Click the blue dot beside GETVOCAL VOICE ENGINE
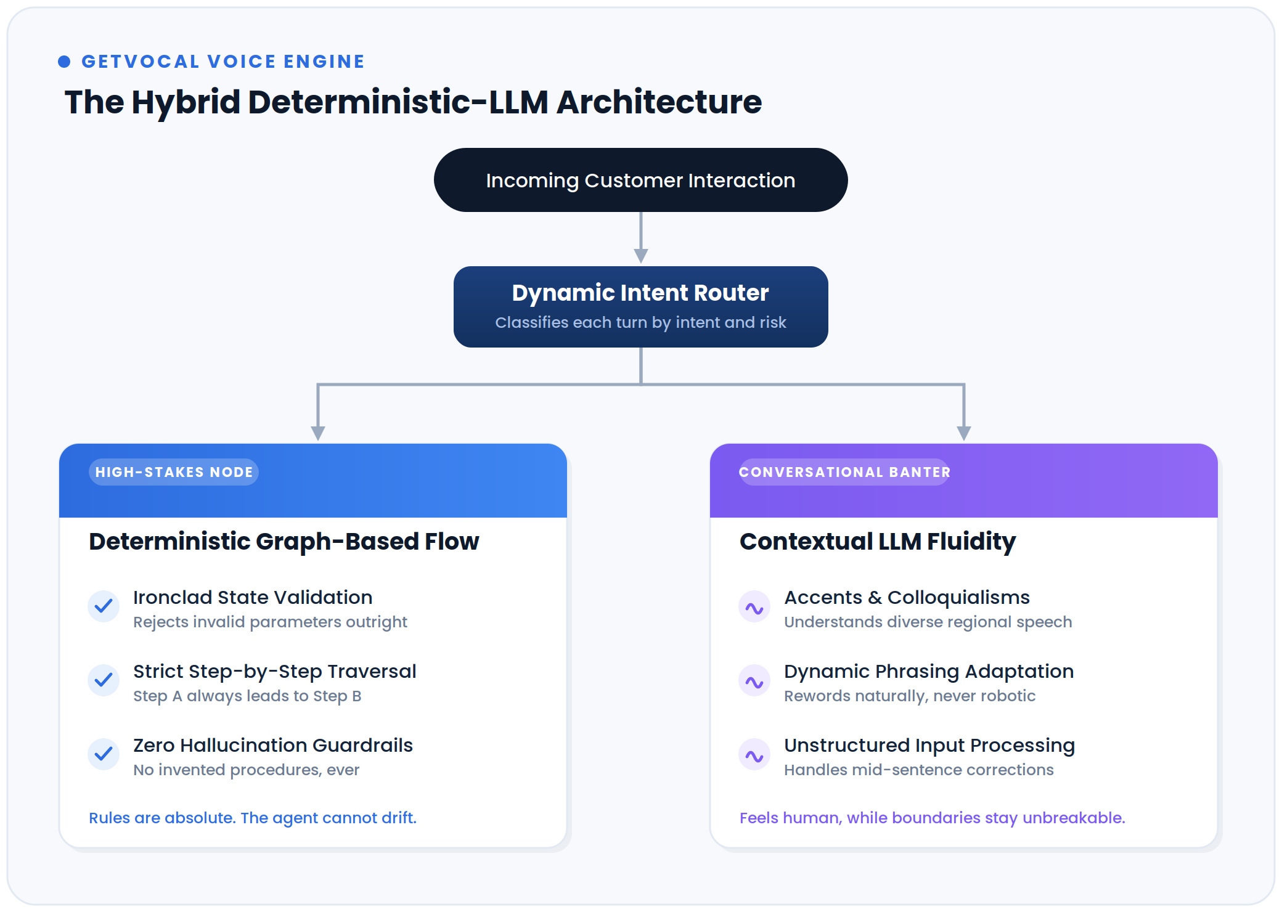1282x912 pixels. [x=64, y=62]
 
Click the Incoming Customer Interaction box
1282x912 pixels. [x=641, y=180]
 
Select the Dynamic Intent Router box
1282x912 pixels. [x=641, y=307]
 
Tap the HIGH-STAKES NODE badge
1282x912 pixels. [x=174, y=472]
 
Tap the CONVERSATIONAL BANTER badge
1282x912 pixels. [x=844, y=472]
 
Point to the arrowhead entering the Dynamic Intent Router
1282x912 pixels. [x=641, y=256]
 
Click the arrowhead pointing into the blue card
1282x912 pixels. [x=318, y=433]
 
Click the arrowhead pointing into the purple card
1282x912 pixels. [x=964, y=433]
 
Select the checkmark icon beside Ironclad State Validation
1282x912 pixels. [x=104, y=606]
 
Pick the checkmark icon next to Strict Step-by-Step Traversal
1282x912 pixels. [x=104, y=680]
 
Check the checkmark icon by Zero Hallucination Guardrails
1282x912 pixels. [x=104, y=754]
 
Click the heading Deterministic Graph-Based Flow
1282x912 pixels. [x=284, y=542]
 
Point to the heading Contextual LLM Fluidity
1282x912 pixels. [x=878, y=542]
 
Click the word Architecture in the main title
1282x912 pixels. [x=659, y=102]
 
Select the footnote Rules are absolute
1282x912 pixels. [x=253, y=818]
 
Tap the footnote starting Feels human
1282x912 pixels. [x=933, y=818]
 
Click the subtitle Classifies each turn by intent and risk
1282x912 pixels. [x=641, y=322]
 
